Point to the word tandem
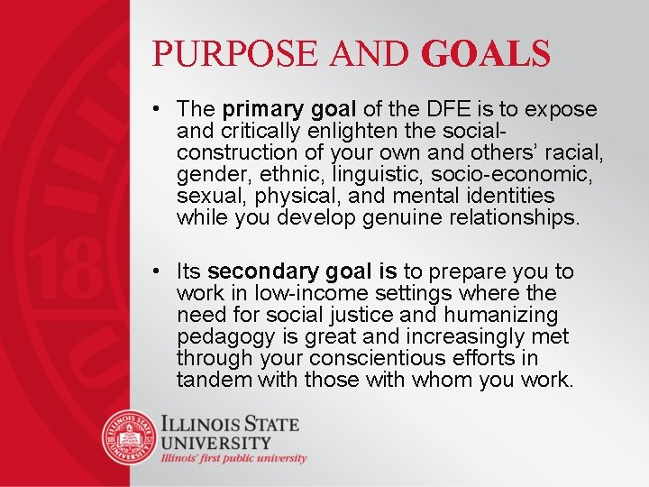(x=215, y=381)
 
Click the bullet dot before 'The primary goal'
(x=157, y=110)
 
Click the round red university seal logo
(x=129, y=436)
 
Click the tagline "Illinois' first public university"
(x=234, y=458)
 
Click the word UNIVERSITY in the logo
(x=216, y=442)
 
